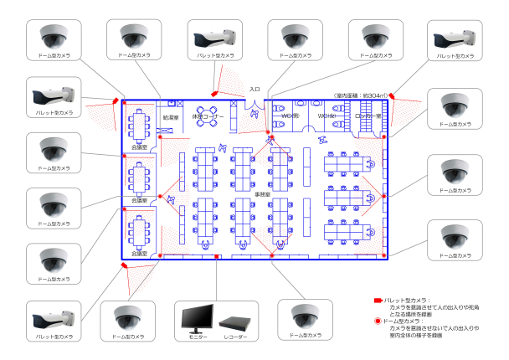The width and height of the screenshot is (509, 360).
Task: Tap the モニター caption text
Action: [x=196, y=337]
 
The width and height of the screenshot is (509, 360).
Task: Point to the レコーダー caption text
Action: [x=237, y=337]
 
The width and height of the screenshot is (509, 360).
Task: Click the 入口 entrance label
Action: [x=254, y=89]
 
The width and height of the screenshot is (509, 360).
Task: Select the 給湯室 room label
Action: [x=171, y=118]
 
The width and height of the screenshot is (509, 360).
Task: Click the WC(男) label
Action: [x=290, y=116]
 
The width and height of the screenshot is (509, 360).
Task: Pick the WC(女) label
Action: [x=326, y=116]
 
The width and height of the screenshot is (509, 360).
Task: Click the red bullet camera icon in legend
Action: [x=378, y=299]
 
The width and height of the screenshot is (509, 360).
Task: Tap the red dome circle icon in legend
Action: [x=378, y=320]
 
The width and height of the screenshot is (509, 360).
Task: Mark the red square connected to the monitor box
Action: [x=217, y=257]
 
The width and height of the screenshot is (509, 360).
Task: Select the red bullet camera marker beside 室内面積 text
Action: [x=390, y=98]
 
